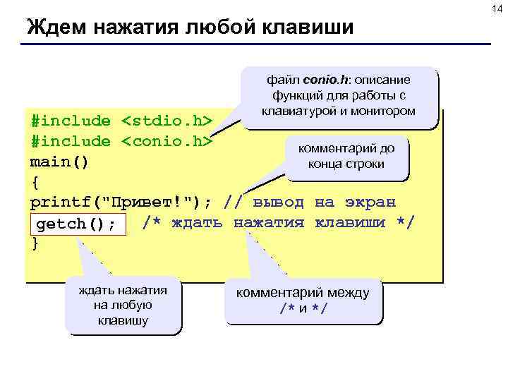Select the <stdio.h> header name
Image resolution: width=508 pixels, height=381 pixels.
coord(167,121)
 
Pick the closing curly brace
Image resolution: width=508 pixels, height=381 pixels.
coord(35,243)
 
